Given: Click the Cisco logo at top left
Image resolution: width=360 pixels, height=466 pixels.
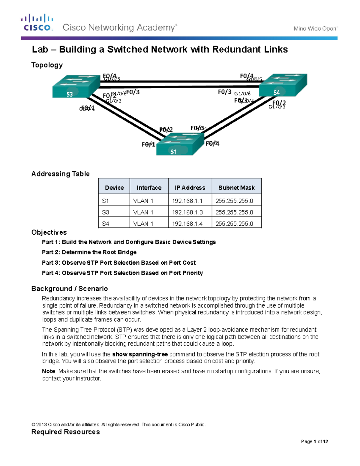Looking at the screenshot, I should pyautogui.click(x=37, y=23).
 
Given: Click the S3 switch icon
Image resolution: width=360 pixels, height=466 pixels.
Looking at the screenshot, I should pyautogui.click(x=76, y=86).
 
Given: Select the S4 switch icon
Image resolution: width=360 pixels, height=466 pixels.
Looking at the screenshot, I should pyautogui.click(x=283, y=85).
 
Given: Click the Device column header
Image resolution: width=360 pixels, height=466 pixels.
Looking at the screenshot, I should pyautogui.click(x=114, y=188).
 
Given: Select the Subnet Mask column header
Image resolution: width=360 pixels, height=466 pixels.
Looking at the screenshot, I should pyautogui.click(x=236, y=188).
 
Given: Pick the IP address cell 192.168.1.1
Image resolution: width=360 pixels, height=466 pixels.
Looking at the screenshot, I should pyautogui.click(x=187, y=201).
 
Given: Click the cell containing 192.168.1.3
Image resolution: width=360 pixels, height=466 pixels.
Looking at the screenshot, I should pyautogui.click(x=187, y=212).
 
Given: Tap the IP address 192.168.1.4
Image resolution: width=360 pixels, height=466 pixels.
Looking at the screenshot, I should pyautogui.click(x=187, y=224).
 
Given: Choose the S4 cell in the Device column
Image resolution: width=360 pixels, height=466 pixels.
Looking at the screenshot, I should pyautogui.click(x=106, y=224).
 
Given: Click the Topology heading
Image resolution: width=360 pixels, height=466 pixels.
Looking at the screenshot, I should pyautogui.click(x=47, y=65).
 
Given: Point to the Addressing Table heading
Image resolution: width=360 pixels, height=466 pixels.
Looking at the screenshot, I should pyautogui.click(x=60, y=174).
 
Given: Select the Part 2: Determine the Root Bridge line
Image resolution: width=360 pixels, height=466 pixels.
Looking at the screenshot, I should pyautogui.click(x=89, y=252).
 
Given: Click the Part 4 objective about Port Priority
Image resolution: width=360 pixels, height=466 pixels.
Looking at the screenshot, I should pyautogui.click(x=122, y=273).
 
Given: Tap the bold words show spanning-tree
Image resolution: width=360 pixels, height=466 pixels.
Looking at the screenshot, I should pyautogui.click(x=140, y=354).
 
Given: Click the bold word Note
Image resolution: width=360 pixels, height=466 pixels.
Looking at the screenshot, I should pyautogui.click(x=48, y=371).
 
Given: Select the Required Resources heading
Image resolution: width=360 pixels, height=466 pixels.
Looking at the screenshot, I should pyautogui.click(x=65, y=432).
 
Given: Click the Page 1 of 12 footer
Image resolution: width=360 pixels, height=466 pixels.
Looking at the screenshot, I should pyautogui.click(x=314, y=441).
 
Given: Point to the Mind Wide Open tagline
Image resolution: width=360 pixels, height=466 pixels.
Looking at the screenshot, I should pyautogui.click(x=315, y=29).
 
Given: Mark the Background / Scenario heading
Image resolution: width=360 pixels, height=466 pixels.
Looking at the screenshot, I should pyautogui.click(x=69, y=289).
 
